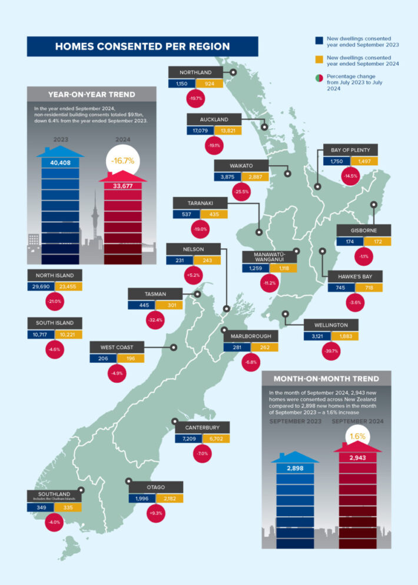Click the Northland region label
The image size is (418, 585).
coord(195,72)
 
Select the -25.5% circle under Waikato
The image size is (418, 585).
coord(241,190)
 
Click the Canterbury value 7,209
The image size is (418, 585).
coord(188,439)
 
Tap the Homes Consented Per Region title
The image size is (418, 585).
coord(142,46)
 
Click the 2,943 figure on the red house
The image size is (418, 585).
coord(357,457)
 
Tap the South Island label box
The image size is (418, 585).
coord(54,323)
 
